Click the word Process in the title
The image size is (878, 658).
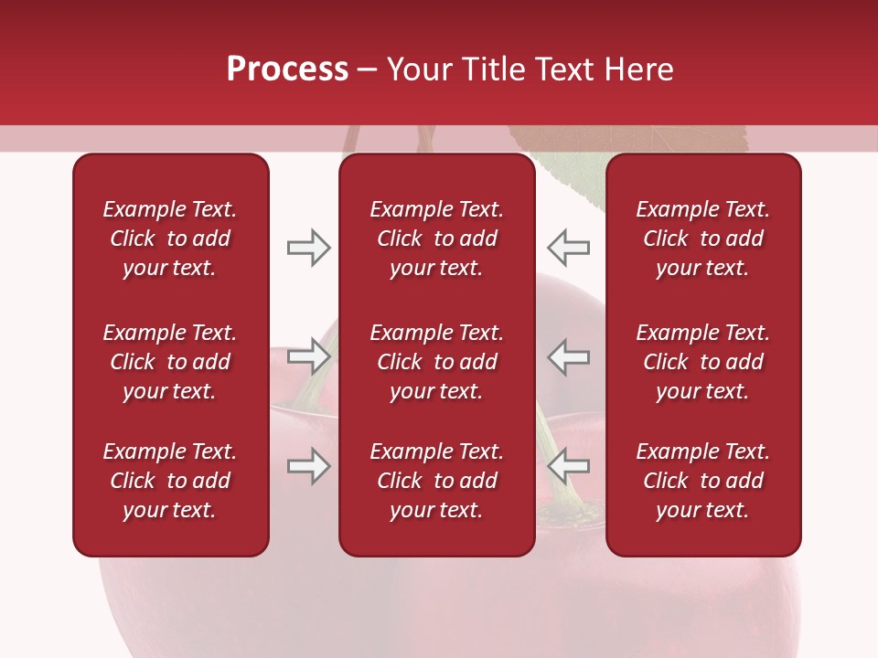(287, 69)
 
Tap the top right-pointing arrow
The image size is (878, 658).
(308, 248)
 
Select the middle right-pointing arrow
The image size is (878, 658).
(308, 356)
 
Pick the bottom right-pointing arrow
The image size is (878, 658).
(308, 466)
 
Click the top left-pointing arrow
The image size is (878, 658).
(569, 248)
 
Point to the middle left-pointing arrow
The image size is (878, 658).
(569, 356)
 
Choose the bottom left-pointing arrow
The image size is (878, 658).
(569, 466)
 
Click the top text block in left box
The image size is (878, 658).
(170, 239)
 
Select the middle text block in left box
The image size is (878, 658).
(170, 362)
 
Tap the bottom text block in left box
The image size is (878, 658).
(170, 481)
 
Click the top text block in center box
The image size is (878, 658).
(436, 239)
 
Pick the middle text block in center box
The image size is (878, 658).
(436, 362)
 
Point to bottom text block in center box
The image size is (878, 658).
(436, 481)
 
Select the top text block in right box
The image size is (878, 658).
(702, 239)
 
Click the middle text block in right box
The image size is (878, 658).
(702, 362)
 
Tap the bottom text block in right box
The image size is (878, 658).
(702, 481)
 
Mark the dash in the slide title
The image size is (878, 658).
(368, 70)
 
